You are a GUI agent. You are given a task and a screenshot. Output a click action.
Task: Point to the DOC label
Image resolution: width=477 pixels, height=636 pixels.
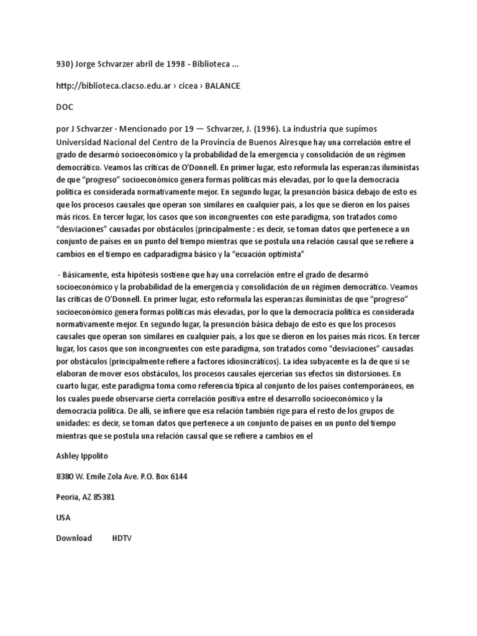pyautogui.click(x=65, y=107)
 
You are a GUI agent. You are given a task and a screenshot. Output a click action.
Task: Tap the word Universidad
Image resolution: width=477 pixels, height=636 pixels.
pyautogui.click(x=79, y=142)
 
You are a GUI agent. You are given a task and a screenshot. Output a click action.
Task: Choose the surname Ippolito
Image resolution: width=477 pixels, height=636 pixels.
pyautogui.click(x=93, y=456)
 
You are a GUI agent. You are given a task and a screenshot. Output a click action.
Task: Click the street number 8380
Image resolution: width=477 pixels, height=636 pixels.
pyautogui.click(x=66, y=476)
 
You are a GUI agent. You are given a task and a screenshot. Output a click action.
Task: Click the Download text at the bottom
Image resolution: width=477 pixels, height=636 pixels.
pyautogui.click(x=74, y=538)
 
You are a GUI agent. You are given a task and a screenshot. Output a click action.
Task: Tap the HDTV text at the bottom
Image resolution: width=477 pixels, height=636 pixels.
pyautogui.click(x=122, y=538)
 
